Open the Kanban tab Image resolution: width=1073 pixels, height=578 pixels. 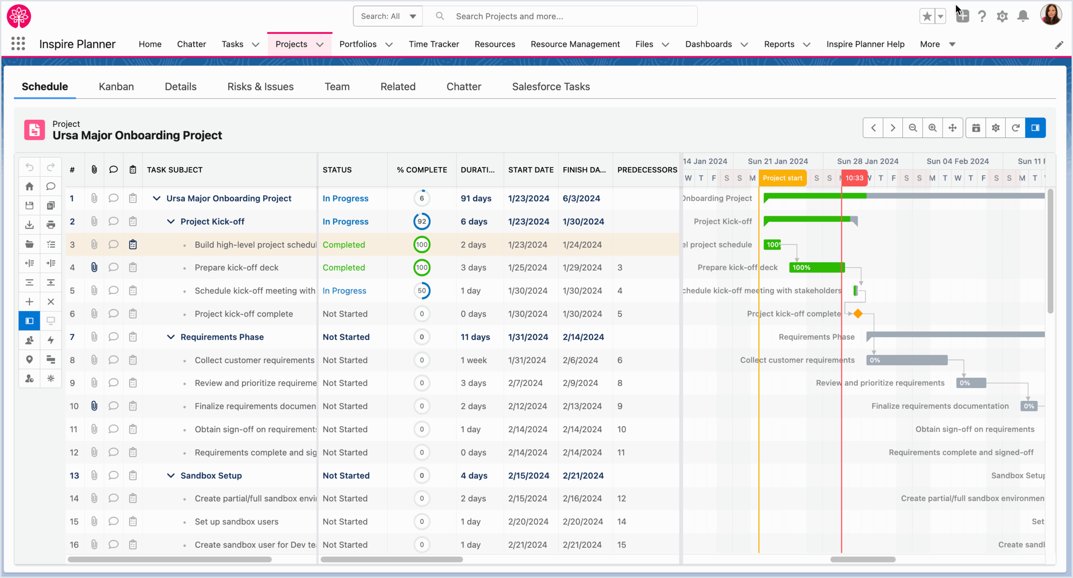tap(116, 87)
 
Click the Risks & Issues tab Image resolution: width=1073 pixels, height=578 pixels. tap(260, 87)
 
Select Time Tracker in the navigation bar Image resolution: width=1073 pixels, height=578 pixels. tap(433, 44)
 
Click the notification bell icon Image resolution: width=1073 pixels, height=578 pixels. tap(1023, 16)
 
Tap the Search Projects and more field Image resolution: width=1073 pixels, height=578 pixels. tap(570, 16)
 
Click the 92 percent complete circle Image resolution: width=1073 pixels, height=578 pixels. tap(422, 222)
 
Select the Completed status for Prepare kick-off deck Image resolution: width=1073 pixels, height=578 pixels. tap(343, 268)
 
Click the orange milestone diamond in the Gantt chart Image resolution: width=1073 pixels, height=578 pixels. tap(858, 314)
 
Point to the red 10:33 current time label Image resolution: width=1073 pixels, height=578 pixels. tap(854, 178)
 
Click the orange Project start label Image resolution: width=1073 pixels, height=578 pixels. tap(782, 178)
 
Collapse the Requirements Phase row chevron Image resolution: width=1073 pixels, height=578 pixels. tap(171, 337)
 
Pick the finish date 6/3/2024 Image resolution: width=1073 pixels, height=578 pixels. tap(581, 199)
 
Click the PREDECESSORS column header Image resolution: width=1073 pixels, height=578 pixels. tap(647, 170)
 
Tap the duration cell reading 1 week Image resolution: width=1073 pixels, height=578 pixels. tap(474, 360)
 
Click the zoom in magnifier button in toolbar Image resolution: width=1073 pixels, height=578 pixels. tap(932, 128)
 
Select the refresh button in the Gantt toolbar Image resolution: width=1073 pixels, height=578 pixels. tap(1015, 128)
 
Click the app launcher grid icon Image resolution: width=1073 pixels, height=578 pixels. tap(18, 44)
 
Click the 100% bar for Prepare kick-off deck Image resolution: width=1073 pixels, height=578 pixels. tap(816, 268)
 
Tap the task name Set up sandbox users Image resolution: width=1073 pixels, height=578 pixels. tap(236, 522)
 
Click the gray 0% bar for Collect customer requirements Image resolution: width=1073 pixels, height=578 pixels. tap(907, 360)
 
